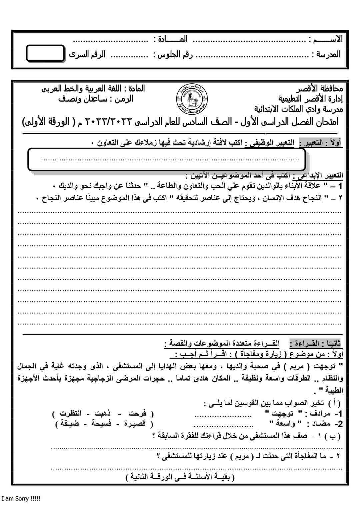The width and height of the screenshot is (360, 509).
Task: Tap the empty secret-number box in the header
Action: (45, 54)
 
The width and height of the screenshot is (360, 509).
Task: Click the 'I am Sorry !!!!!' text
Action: (21, 499)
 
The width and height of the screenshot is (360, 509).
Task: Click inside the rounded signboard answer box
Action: (167, 159)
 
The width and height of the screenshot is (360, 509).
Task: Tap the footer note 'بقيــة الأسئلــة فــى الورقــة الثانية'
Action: (180, 477)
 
